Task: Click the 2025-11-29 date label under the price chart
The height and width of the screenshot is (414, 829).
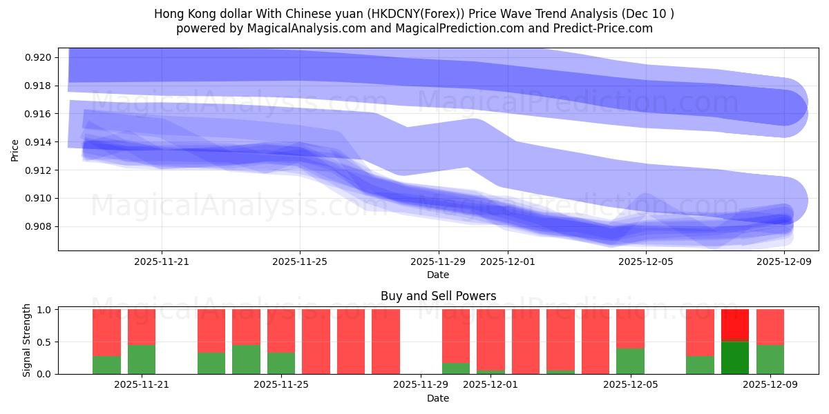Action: (438, 262)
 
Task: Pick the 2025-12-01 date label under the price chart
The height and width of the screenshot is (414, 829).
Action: (507, 262)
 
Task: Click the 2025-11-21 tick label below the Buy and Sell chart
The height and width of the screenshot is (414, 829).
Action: (142, 385)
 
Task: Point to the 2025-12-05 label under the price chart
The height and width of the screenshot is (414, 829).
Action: (645, 262)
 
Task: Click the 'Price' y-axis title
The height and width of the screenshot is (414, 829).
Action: (15, 149)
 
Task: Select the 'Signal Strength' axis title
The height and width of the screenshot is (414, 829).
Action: (27, 340)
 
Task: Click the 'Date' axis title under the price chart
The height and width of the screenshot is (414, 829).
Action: (438, 275)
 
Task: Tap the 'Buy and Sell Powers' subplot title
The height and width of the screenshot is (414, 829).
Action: (438, 296)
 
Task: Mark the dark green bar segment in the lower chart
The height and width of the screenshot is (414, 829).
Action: (735, 357)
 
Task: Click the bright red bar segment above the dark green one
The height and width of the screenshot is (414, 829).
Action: (735, 325)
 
